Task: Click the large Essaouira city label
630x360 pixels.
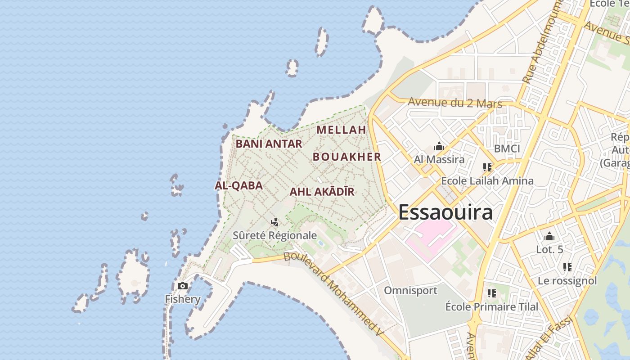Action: [445, 212]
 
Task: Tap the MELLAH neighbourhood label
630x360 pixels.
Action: [341, 130]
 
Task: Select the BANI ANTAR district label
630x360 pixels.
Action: [269, 144]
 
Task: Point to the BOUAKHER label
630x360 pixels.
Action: [346, 157]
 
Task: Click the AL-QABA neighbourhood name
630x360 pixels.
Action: [238, 186]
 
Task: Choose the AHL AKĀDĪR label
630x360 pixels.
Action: [322, 192]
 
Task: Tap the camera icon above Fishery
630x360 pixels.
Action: [183, 286]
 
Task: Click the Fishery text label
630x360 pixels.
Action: [182, 299]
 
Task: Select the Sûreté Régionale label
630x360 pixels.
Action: [274, 235]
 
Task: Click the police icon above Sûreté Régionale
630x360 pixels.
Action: [274, 222]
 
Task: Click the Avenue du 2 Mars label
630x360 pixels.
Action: [454, 103]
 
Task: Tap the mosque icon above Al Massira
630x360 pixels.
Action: [439, 146]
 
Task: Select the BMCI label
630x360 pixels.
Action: [507, 149]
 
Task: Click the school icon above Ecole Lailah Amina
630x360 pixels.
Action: [487, 167]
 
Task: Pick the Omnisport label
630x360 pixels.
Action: [410, 291]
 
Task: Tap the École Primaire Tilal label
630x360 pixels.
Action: [491, 307]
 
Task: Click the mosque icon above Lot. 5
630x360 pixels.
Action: [549, 236]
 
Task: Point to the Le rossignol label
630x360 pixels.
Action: [567, 281]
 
